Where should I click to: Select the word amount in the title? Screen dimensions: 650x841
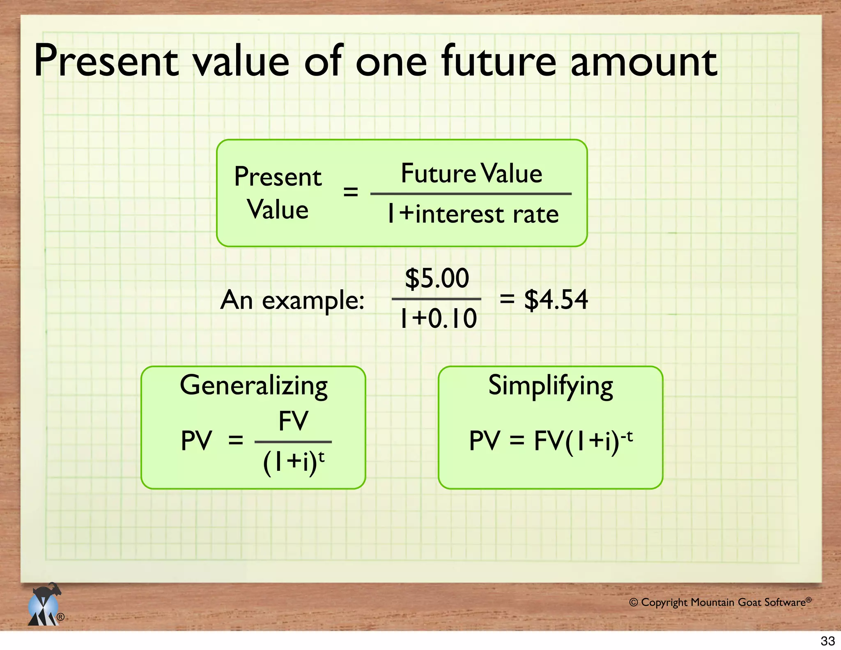pyautogui.click(x=644, y=62)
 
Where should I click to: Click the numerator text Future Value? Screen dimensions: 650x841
pyautogui.click(x=471, y=173)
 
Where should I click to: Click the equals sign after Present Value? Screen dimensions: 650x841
pyautogui.click(x=350, y=191)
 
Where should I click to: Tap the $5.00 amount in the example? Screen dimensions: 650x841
pyautogui.click(x=437, y=278)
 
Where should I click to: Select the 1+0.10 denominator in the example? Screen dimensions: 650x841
pyautogui.click(x=438, y=318)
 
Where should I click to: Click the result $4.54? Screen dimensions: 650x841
pyautogui.click(x=556, y=300)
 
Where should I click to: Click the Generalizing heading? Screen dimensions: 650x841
pyautogui.click(x=254, y=386)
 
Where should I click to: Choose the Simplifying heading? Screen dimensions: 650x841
pyautogui.click(x=551, y=386)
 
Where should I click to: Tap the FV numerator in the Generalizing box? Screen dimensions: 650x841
pyautogui.click(x=293, y=421)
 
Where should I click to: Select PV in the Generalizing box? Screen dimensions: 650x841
pyautogui.click(x=196, y=441)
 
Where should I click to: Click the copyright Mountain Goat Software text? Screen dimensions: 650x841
pyautogui.click(x=719, y=602)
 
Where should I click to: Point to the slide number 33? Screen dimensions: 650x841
pyautogui.click(x=828, y=641)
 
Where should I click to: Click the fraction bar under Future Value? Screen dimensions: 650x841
pyautogui.click(x=471, y=194)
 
